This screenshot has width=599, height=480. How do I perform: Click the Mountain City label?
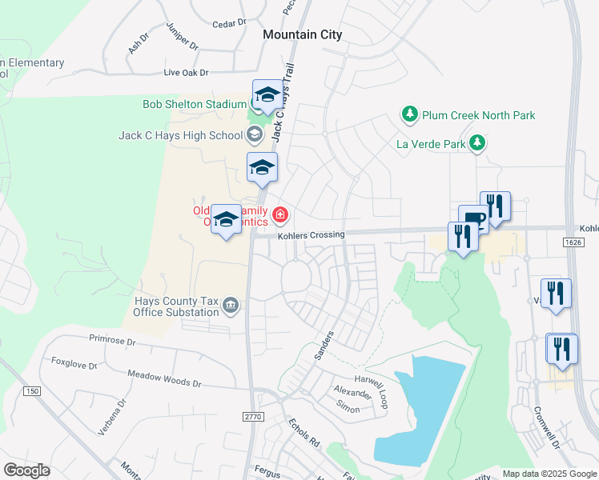coord(303,34)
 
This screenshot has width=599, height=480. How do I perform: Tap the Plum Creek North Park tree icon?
coord(410,115)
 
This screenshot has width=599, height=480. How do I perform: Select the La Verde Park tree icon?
coord(477,144)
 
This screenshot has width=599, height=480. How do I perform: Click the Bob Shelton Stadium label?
coord(195,104)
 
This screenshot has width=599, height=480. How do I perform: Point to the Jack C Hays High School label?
coord(180,135)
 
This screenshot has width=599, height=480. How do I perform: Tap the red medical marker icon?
coord(280,214)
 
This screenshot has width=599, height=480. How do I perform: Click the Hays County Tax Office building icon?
coord(231,305)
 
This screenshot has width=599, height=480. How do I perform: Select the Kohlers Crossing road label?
coord(311,235)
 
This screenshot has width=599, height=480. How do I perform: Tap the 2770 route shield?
coord(253,416)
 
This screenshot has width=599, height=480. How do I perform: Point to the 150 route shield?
coord(31,390)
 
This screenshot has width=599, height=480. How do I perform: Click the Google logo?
coord(27,470)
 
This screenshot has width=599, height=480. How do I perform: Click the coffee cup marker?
coord(473,220)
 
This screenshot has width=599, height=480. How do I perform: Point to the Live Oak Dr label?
coord(186,73)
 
